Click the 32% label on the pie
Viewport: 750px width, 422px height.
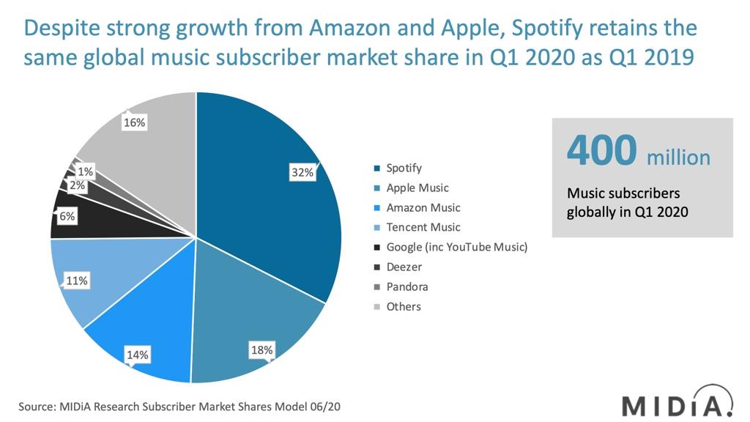(x=302, y=173)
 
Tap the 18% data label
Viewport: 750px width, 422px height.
(x=261, y=350)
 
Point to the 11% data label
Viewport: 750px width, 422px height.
(x=77, y=281)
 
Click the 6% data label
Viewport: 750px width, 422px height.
(x=67, y=217)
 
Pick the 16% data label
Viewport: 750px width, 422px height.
(x=134, y=123)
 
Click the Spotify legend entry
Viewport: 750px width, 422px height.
(x=404, y=169)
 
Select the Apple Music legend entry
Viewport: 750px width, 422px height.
(x=417, y=188)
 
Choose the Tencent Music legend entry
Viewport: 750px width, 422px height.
(x=423, y=228)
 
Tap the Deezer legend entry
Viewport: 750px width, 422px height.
(x=404, y=267)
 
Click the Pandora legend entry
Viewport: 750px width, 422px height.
(x=406, y=287)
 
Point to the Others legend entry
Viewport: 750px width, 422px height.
(x=404, y=307)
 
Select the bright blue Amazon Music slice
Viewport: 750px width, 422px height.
(x=146, y=322)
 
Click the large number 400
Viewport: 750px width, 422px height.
(x=602, y=151)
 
